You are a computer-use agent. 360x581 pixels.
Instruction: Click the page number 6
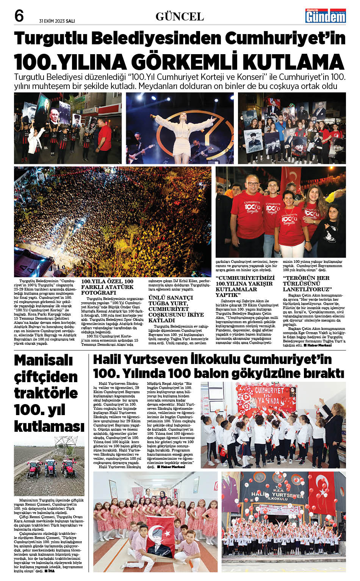point(19,16)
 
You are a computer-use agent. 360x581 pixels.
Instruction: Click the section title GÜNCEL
point(180,17)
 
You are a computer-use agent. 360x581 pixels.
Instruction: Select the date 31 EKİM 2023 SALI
point(57,21)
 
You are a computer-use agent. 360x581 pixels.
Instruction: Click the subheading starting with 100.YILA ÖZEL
point(107,287)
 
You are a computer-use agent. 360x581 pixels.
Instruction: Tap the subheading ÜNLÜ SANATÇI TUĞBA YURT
point(171,309)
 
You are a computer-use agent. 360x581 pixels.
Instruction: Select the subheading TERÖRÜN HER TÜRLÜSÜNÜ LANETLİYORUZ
point(307,283)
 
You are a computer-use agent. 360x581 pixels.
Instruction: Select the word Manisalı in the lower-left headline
point(43,360)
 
